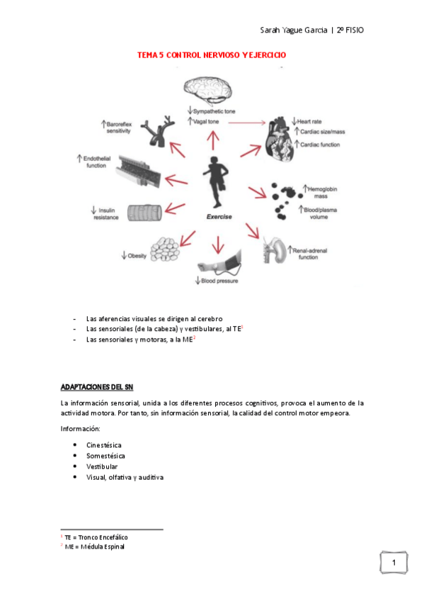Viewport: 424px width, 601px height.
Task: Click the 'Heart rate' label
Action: (x=311, y=121)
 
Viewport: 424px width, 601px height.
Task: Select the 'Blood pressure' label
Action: (x=217, y=281)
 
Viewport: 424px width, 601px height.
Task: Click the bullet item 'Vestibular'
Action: (x=103, y=467)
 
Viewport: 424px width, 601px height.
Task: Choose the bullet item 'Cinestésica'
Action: (x=105, y=444)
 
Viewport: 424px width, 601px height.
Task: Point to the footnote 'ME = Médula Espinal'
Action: (x=94, y=546)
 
